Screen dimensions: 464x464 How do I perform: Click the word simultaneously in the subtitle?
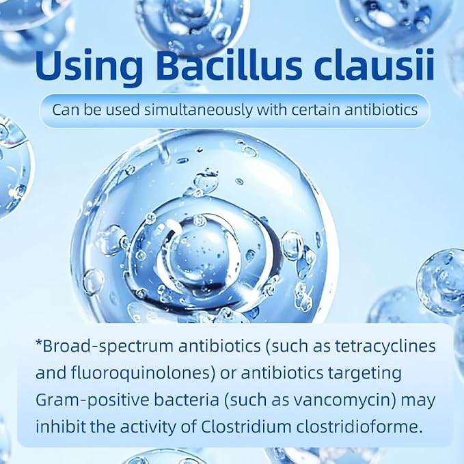pos(199,110)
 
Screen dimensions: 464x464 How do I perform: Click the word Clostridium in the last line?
pos(247,427)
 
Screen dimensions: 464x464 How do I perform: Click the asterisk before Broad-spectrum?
pos(38,343)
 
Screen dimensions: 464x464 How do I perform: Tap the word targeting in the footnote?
pos(362,374)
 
